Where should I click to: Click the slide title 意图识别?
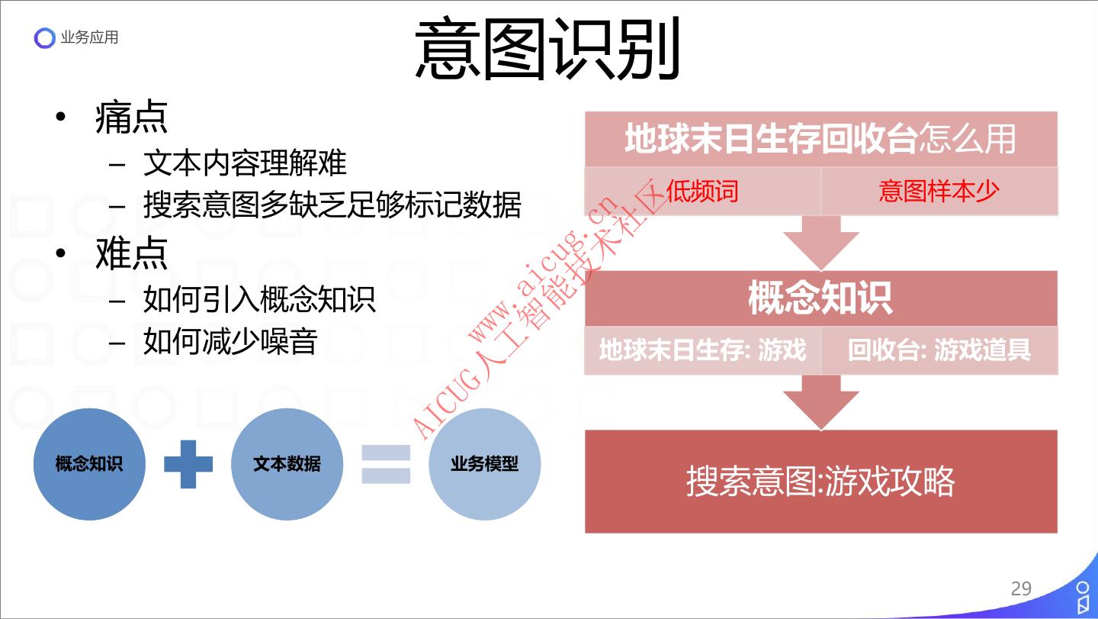547,50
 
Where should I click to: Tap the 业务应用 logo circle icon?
45,38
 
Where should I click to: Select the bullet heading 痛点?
131,118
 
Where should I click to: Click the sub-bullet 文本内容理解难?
245,163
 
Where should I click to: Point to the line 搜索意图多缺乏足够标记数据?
332,205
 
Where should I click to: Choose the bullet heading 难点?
131,253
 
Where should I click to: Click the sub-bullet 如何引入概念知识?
259,298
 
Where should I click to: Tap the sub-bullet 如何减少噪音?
230,341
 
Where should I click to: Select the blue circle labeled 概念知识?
89,464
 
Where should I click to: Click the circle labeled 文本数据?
287,464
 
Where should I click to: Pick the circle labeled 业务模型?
484,464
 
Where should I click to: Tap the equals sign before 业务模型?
386,464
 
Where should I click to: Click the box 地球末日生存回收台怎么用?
820,140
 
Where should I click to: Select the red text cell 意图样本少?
939,191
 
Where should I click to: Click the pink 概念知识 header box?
820,298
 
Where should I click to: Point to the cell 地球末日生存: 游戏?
702,350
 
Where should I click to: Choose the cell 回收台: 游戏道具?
939,350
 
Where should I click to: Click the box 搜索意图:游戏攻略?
820,482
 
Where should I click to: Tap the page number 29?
1020,588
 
